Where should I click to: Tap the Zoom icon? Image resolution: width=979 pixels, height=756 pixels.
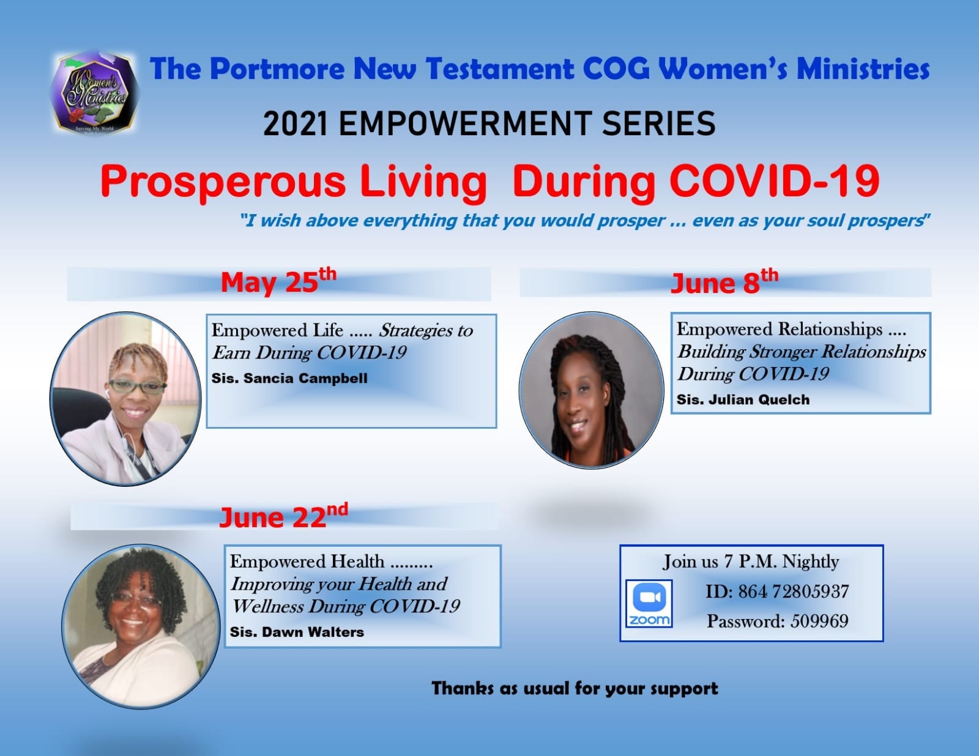[x=649, y=603]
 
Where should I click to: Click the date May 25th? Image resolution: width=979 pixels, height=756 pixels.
[x=278, y=281]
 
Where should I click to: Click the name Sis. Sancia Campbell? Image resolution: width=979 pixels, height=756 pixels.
[x=289, y=378]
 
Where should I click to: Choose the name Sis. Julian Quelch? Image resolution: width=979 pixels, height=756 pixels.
[x=743, y=399]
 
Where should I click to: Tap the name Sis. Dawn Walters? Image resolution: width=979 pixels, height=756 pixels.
[x=297, y=632]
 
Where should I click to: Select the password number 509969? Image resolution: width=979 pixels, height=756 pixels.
[x=819, y=621]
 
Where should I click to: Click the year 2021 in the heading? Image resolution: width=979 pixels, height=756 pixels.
[x=296, y=124]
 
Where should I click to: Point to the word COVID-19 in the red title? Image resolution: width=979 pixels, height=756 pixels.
[x=775, y=180]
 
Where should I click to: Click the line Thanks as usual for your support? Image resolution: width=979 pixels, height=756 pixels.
[x=575, y=689]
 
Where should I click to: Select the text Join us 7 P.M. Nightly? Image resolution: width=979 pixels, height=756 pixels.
[x=751, y=562]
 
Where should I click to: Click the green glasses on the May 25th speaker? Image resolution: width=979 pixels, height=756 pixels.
[x=138, y=386]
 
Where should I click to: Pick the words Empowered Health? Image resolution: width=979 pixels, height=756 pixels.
[x=307, y=562]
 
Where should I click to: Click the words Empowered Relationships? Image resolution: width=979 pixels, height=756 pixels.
[x=780, y=329]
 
